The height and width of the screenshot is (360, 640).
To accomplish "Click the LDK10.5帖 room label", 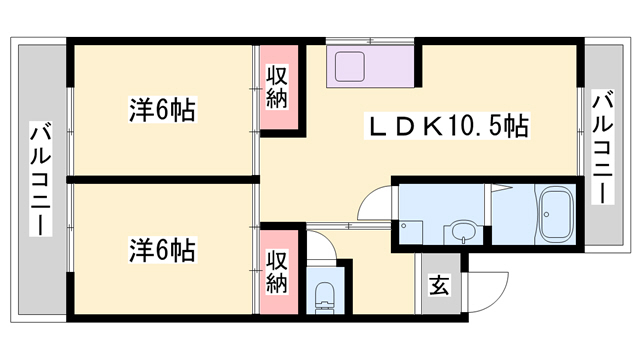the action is [448, 126].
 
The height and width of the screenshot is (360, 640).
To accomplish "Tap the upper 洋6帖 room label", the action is [162, 109].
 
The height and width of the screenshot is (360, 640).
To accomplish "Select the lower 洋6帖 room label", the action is [162, 249].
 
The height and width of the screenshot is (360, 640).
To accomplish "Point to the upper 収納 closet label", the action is [277, 87].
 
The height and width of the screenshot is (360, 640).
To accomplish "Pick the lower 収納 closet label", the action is [277, 272].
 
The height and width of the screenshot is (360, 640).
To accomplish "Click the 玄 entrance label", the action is [439, 284].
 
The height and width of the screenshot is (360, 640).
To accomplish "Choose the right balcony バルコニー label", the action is [603, 148].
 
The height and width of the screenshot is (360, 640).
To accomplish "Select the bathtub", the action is [557, 215].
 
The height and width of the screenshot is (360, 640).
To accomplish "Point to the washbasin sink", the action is [464, 232].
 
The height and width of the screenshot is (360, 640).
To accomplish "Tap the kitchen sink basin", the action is [350, 66].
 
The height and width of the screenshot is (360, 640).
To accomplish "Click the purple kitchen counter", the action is [370, 66].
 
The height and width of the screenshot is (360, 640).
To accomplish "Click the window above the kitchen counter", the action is [370, 41].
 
